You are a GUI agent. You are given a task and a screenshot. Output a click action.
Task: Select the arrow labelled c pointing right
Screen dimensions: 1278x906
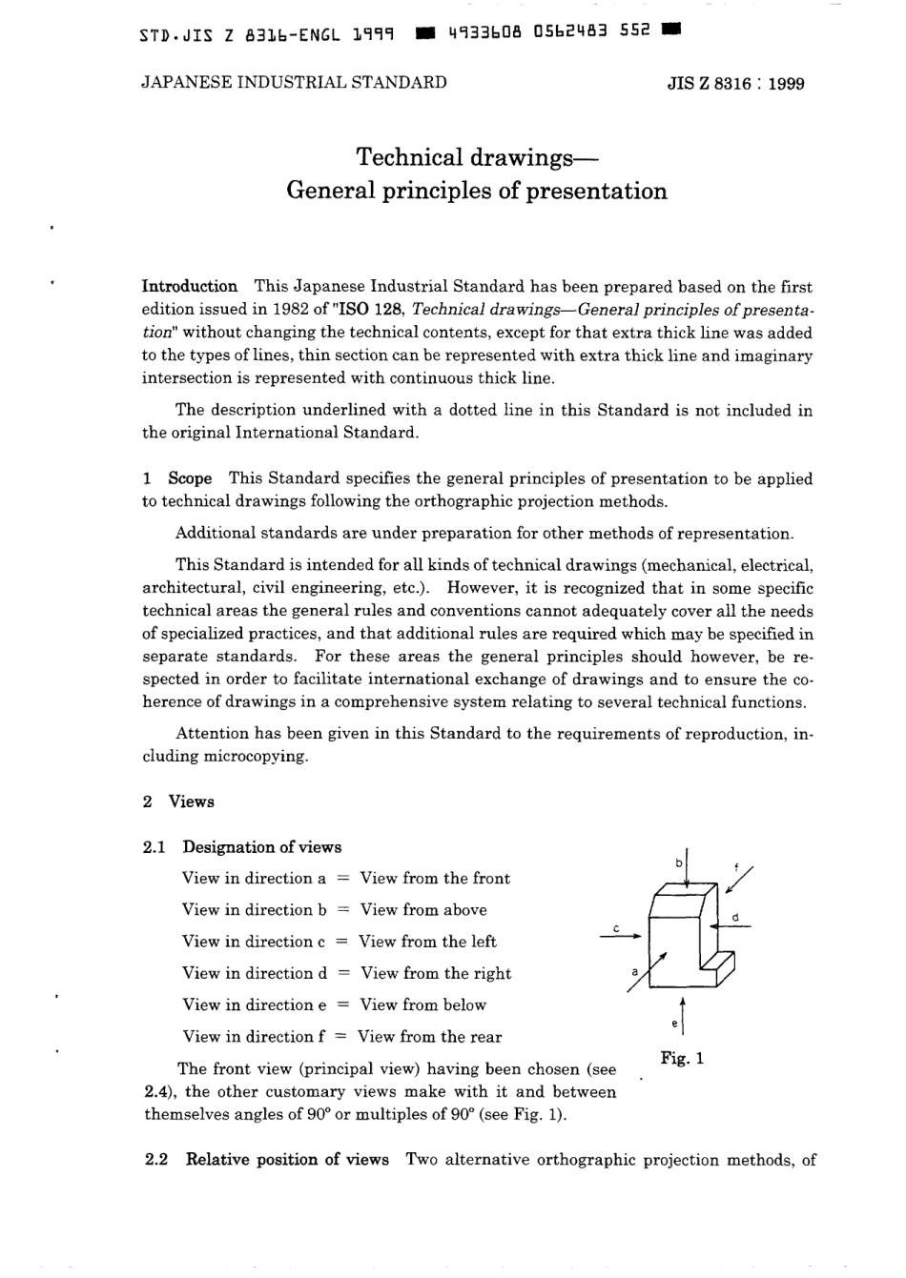click(x=619, y=938)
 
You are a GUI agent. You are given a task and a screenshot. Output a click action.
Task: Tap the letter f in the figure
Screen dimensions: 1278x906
click(x=735, y=866)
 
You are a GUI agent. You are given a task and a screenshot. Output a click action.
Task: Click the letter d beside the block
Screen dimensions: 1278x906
click(x=735, y=918)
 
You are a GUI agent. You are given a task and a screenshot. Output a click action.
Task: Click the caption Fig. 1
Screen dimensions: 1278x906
click(x=682, y=1058)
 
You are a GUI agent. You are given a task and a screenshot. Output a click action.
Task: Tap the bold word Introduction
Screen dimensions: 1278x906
click(x=189, y=286)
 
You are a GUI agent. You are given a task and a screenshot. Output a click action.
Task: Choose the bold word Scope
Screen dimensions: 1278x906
click(x=190, y=478)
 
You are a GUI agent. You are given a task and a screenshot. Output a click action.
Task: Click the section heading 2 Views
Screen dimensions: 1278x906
click(x=178, y=801)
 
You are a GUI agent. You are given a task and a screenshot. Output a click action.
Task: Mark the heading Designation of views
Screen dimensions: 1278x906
click(x=261, y=846)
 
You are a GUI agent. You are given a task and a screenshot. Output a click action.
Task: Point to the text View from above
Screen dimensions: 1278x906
click(x=423, y=909)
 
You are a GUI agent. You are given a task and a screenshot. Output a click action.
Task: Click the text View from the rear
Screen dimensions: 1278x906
click(x=429, y=1037)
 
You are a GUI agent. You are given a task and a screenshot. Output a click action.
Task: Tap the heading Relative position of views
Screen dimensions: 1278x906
click(x=287, y=1160)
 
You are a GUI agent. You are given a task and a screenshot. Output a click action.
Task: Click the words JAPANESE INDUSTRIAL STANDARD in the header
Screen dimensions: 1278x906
click(x=294, y=82)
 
